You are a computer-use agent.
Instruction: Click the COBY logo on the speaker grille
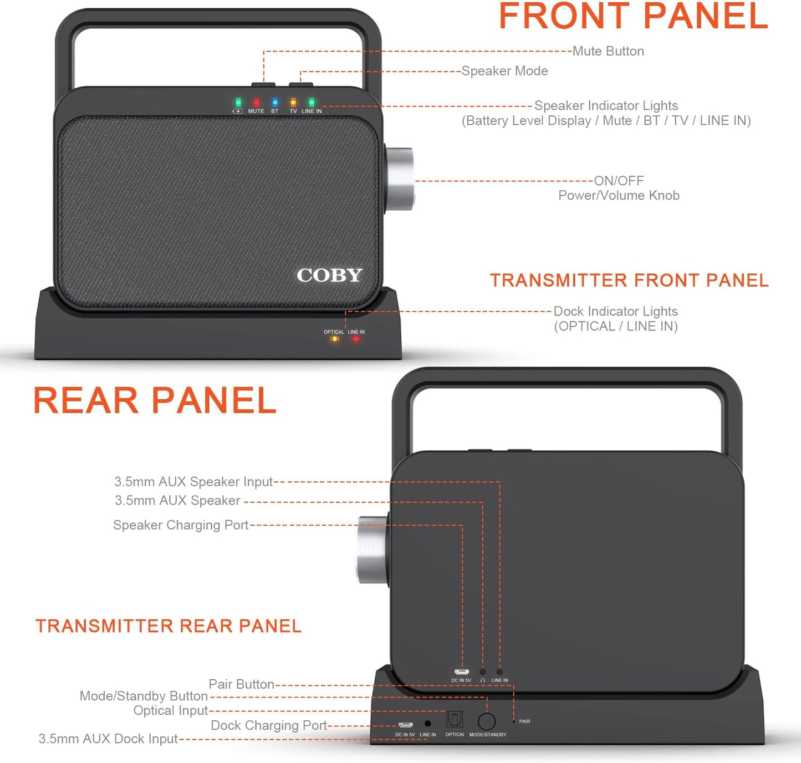click(x=329, y=275)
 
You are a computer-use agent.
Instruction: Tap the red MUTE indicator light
click(x=256, y=103)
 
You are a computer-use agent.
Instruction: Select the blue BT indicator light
click(x=274, y=103)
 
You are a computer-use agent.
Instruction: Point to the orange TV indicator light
click(x=293, y=103)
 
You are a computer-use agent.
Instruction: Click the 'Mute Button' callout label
click(x=608, y=51)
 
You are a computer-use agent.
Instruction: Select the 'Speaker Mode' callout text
click(x=504, y=71)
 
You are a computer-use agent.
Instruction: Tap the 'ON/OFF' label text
click(x=619, y=181)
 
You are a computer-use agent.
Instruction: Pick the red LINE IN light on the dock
click(x=356, y=339)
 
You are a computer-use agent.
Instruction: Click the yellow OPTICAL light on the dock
click(x=334, y=339)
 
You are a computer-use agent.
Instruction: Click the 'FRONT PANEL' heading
click(x=633, y=17)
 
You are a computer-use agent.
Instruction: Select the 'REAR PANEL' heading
click(x=155, y=400)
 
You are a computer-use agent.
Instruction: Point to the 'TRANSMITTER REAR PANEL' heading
click(x=169, y=626)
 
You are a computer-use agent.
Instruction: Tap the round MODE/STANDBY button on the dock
click(x=487, y=721)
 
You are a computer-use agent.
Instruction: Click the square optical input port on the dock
click(x=455, y=720)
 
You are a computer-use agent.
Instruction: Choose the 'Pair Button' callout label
click(x=241, y=684)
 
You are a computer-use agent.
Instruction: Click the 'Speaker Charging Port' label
click(x=181, y=525)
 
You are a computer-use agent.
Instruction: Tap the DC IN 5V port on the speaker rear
click(x=461, y=673)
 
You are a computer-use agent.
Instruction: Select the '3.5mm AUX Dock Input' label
click(x=108, y=739)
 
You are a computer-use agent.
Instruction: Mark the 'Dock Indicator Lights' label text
click(x=615, y=312)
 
